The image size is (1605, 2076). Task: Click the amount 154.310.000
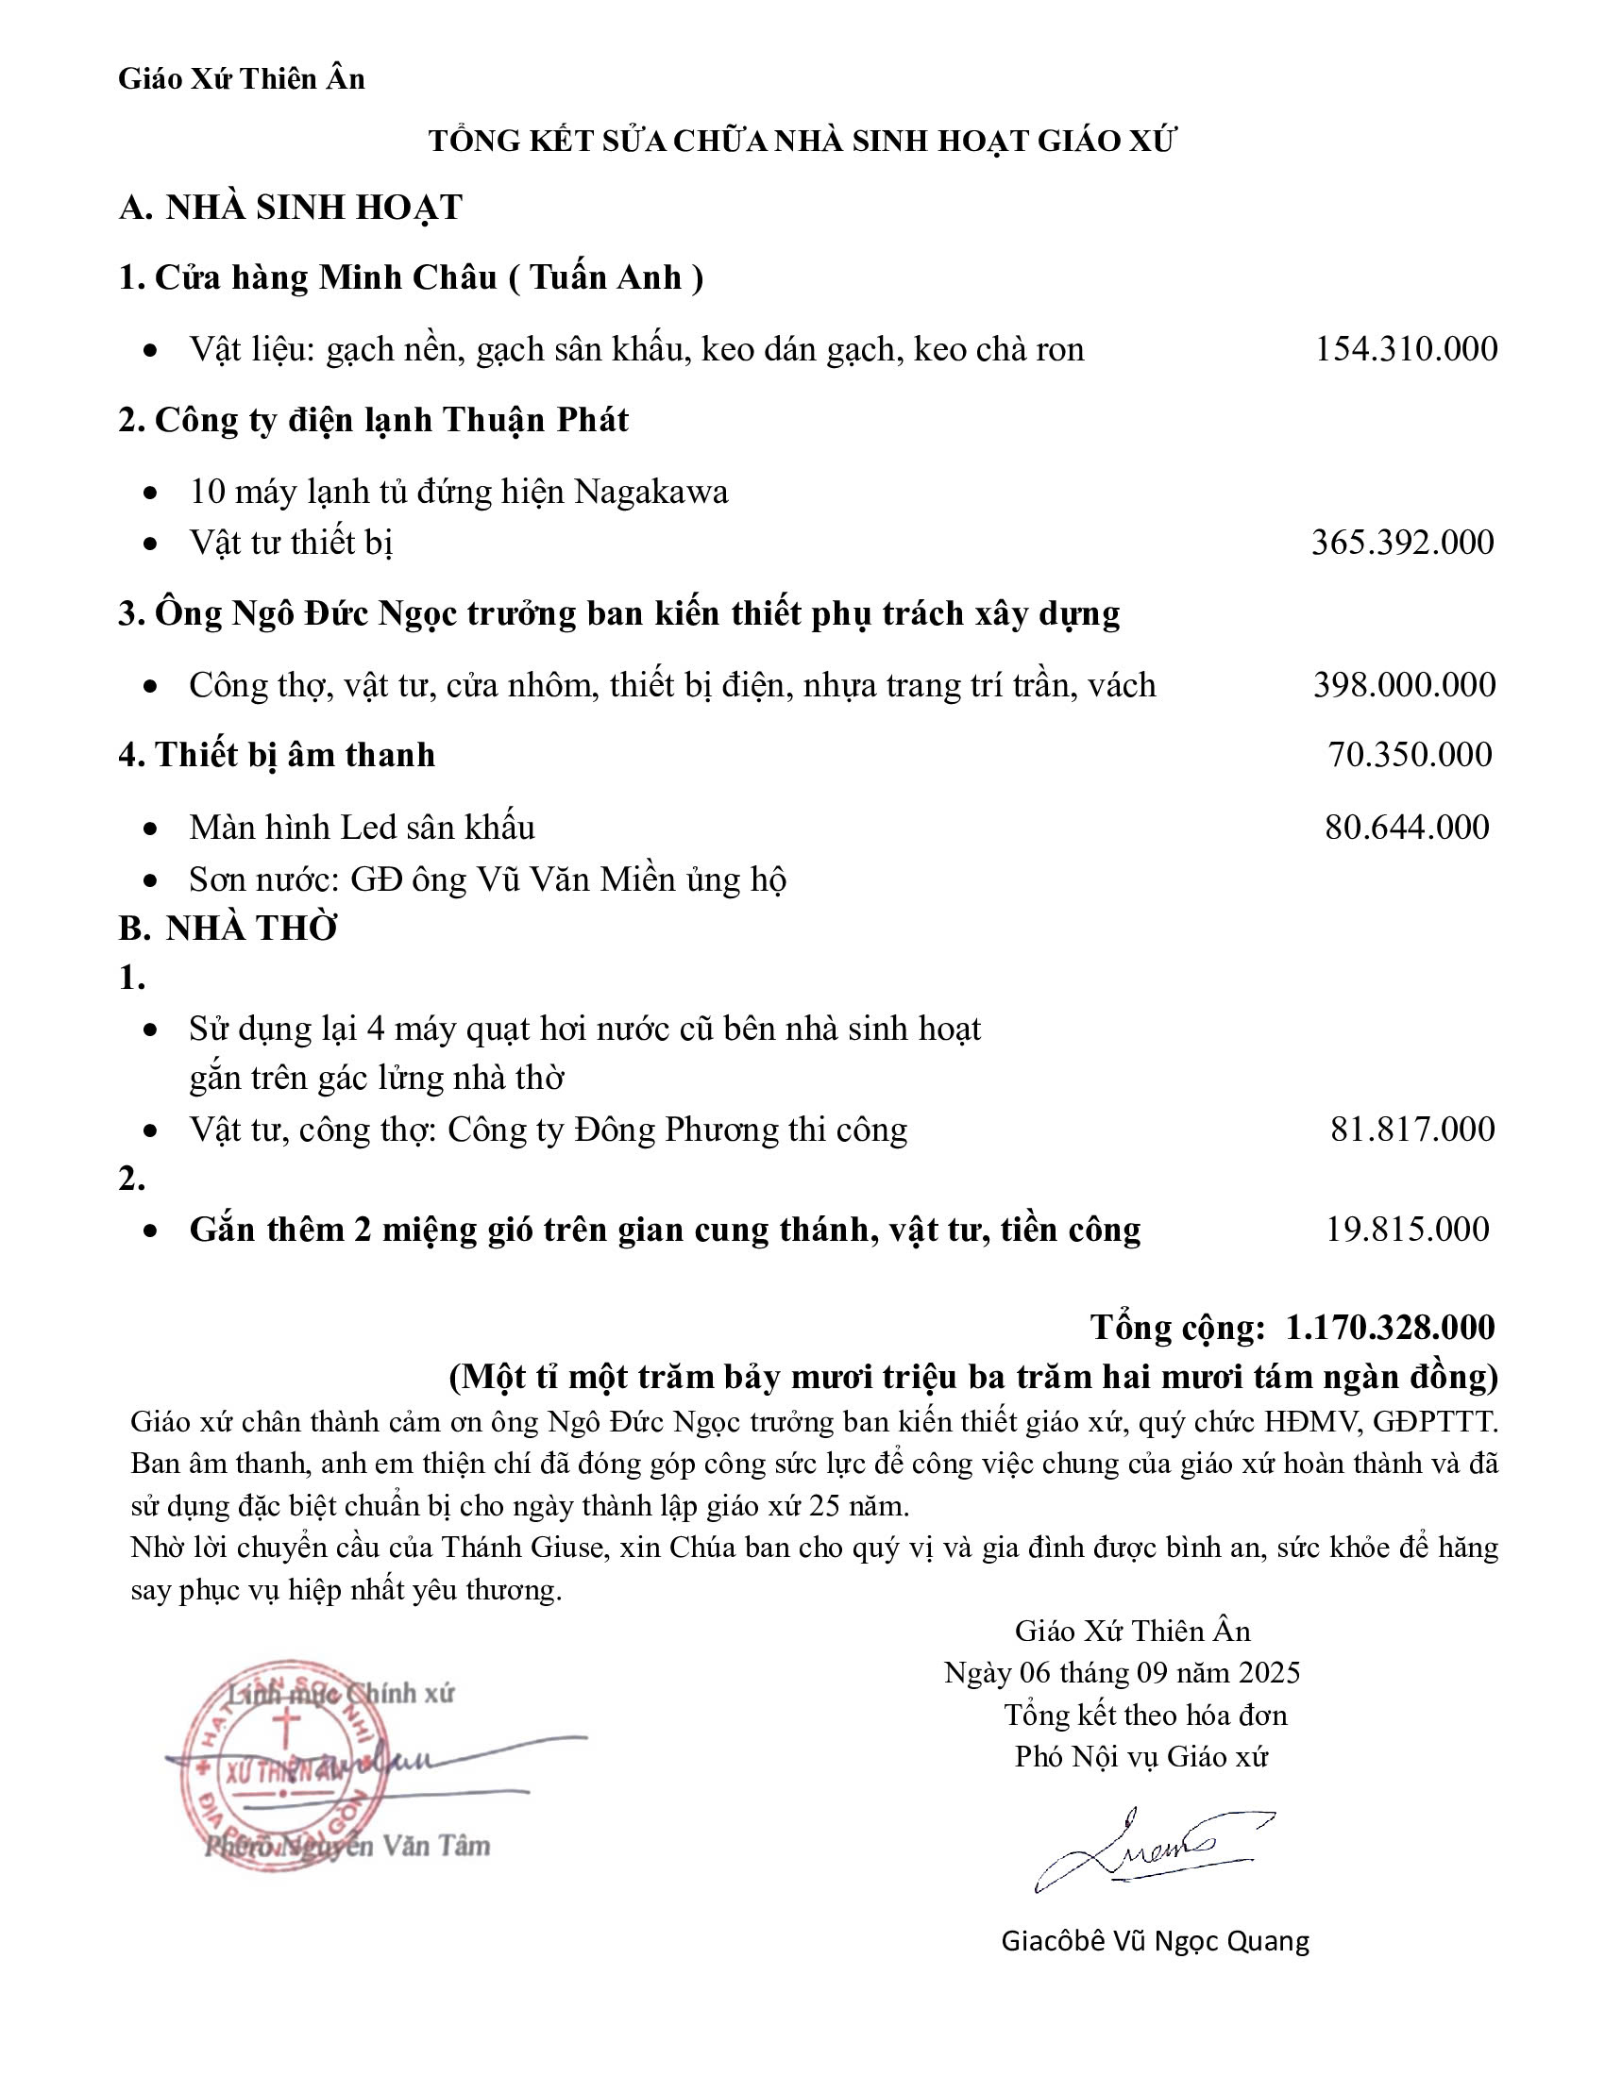click(1406, 349)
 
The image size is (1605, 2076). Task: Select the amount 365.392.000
click(1402, 542)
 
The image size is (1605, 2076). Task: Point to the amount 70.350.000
click(1411, 754)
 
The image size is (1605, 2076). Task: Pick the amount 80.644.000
click(1408, 827)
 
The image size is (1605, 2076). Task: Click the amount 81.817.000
click(1412, 1129)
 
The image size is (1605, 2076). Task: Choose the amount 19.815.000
click(1408, 1229)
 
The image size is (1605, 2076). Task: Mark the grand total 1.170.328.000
click(1390, 1327)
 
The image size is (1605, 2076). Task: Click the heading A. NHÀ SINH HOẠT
click(290, 208)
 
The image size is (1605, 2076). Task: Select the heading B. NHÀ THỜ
click(228, 928)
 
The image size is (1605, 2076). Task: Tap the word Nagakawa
click(651, 492)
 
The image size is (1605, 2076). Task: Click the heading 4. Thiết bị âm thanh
click(277, 754)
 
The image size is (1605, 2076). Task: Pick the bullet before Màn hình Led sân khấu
click(150, 829)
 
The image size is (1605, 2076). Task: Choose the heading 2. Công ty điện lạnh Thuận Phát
click(373, 419)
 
